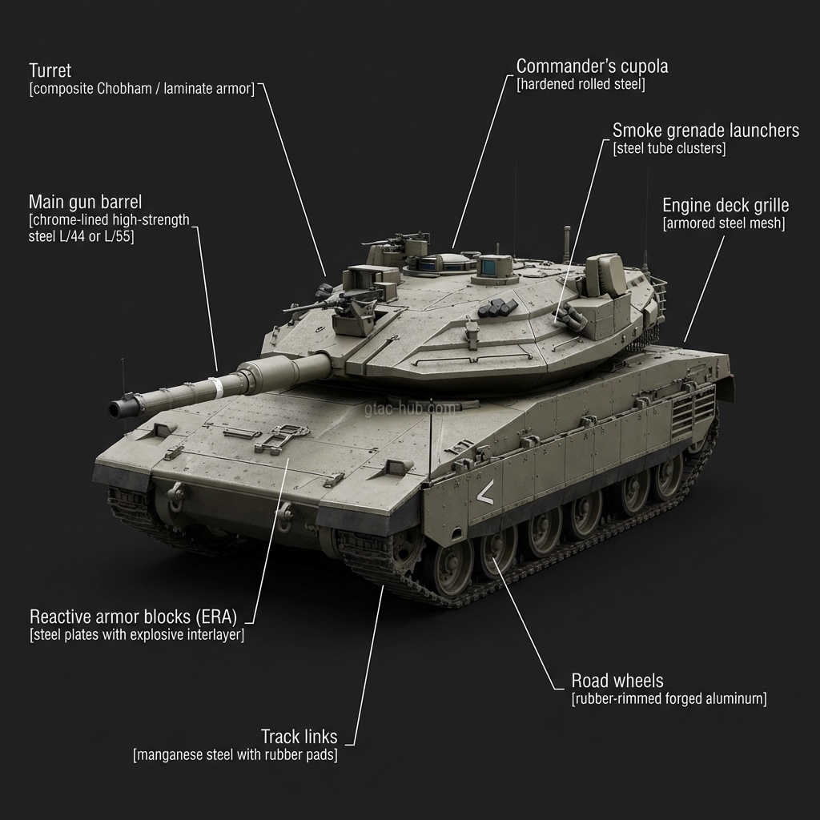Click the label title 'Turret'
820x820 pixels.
[x=50, y=70]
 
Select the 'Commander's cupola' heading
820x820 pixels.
[x=592, y=66]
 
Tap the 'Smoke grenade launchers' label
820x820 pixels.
[x=705, y=130]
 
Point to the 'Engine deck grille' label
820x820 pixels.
[x=726, y=205]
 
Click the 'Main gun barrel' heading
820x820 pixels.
[x=85, y=200]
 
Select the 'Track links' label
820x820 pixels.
[x=299, y=736]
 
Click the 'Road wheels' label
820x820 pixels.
[x=617, y=681]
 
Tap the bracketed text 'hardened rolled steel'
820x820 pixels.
[x=581, y=84]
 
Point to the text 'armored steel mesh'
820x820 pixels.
[x=724, y=224]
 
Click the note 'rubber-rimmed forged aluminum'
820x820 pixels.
[x=669, y=699]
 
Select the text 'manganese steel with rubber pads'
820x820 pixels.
[x=235, y=754]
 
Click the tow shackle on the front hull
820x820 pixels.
[x=284, y=510]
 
